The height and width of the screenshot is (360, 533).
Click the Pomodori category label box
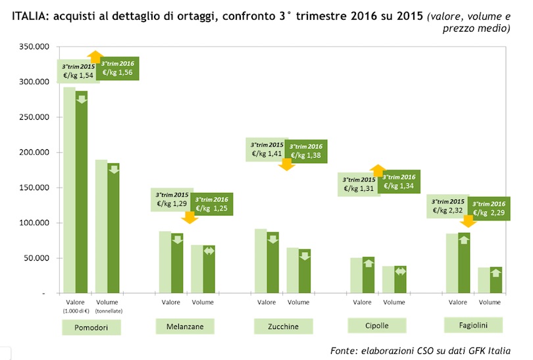(x=91, y=327)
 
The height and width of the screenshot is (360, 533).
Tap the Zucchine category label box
(x=284, y=326)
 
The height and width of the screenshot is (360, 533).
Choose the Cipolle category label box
(x=377, y=325)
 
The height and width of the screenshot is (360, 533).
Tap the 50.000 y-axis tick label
(x=35, y=257)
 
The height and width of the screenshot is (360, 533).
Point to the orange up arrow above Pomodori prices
(x=95, y=57)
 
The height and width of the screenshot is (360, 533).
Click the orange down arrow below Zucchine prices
(x=286, y=165)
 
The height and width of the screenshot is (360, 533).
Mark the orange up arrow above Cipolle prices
(x=377, y=170)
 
